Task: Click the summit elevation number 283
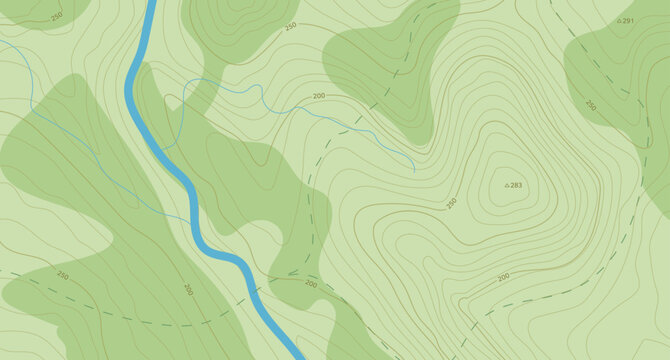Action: coord(517,185)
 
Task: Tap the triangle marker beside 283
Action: coord(507,185)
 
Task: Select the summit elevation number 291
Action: coord(628,20)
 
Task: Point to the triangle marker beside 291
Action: coord(619,20)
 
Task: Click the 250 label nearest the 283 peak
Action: coord(452,203)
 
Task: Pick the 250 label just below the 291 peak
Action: coord(591,105)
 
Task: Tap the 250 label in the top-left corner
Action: coord(55,17)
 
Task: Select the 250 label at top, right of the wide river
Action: coord(290,26)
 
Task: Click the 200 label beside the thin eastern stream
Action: coord(319,96)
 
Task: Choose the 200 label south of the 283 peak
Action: coord(503,275)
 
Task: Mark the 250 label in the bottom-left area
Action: coord(63,274)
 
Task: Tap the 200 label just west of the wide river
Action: coord(188,289)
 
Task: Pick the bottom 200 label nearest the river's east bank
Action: coord(311,284)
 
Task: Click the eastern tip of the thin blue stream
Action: coord(414,171)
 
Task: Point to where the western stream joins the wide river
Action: coord(191,222)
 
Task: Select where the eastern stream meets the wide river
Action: coord(160,149)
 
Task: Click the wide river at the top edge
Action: coord(152,3)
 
